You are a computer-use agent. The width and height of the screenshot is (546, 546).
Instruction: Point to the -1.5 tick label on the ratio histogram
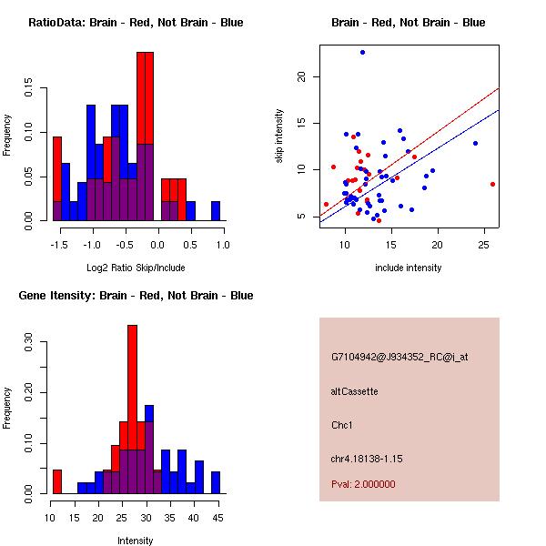(x=57, y=245)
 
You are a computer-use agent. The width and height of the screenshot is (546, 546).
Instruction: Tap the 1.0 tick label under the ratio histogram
(x=223, y=245)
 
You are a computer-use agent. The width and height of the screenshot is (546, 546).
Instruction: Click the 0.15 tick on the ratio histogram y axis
(x=31, y=91)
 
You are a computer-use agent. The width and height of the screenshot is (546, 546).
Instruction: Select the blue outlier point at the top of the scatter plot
(x=362, y=53)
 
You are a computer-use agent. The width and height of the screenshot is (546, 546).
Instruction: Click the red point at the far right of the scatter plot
(x=492, y=184)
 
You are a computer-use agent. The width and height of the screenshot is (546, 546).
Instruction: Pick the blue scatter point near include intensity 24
(x=475, y=143)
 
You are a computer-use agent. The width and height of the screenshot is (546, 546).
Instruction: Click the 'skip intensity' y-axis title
(x=280, y=136)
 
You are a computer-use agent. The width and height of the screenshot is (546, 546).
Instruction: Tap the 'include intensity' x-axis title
(x=409, y=268)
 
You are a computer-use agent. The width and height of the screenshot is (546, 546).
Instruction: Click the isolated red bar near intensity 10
(x=56, y=481)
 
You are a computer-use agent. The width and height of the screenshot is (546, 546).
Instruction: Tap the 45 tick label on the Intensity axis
(x=216, y=518)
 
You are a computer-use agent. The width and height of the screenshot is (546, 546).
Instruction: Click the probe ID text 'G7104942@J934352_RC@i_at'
(x=399, y=358)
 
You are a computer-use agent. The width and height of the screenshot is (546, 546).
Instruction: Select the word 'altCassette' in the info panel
(x=355, y=391)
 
